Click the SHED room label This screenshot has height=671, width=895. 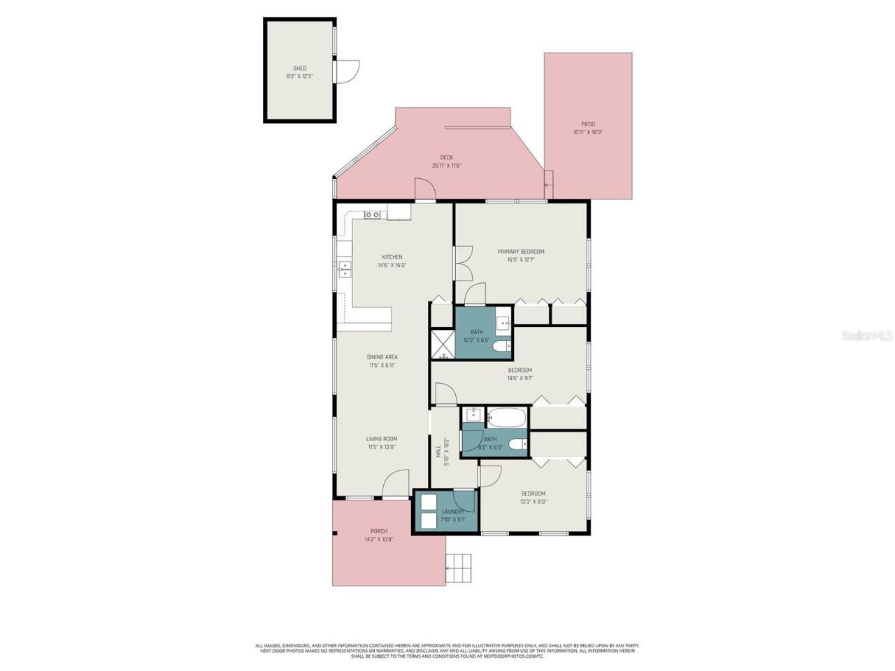[x=299, y=68]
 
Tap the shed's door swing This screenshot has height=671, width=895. [x=347, y=71]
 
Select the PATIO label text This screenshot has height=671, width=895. [x=588, y=124]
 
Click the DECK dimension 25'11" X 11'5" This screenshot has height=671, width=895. [x=446, y=166]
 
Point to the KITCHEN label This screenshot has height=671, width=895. [x=392, y=257]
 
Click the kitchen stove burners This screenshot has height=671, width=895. [x=373, y=214]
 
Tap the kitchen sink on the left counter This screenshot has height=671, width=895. [x=344, y=268]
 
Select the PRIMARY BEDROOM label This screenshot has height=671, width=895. [x=521, y=252]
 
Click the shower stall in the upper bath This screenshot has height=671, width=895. [x=442, y=343]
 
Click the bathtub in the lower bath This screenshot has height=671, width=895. [x=506, y=417]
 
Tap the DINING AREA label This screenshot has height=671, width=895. [x=382, y=357]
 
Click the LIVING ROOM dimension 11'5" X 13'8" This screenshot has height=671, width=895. [x=382, y=447]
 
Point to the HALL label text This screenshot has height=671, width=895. [x=438, y=452]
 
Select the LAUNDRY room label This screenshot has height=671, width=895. [x=453, y=512]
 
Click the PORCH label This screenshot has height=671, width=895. [x=378, y=531]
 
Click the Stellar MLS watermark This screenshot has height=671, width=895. [x=867, y=336]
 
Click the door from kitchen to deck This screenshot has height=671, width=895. [x=425, y=189]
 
